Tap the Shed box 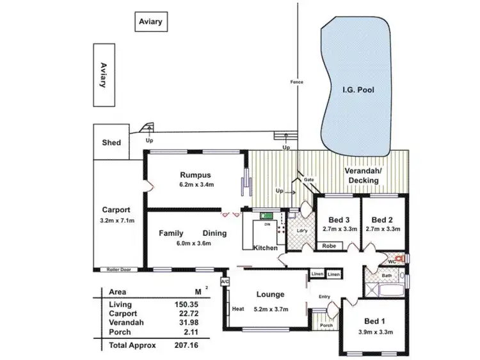click(x=111, y=143)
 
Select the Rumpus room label click(x=195, y=175)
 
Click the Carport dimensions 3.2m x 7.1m click(x=116, y=221)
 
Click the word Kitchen click(x=266, y=247)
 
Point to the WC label click(x=392, y=262)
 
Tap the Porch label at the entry click(x=326, y=325)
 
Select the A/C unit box click(x=224, y=281)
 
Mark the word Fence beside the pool click(x=296, y=82)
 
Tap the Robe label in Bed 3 click(x=329, y=246)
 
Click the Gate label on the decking click(x=308, y=180)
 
